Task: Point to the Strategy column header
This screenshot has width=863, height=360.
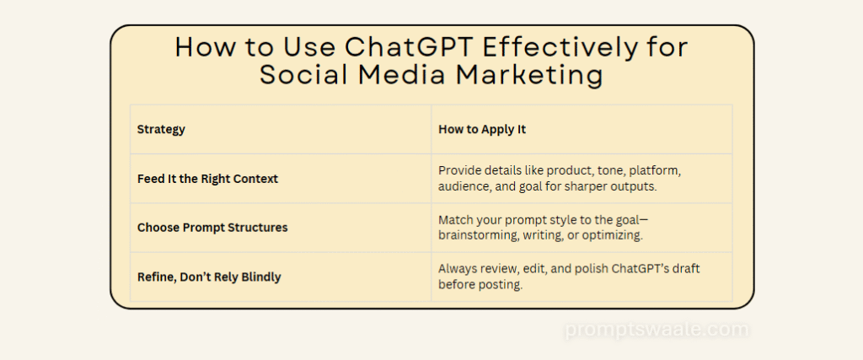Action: pyautogui.click(x=161, y=130)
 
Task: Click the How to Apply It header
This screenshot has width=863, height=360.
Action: pyautogui.click(x=482, y=129)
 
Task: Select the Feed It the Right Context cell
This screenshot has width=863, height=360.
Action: pyautogui.click(x=207, y=179)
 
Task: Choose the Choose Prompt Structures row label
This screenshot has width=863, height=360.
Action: pyautogui.click(x=212, y=228)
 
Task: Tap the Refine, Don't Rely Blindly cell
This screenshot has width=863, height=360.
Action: pyautogui.click(x=209, y=277)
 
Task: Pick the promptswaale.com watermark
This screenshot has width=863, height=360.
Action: pyautogui.click(x=657, y=329)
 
